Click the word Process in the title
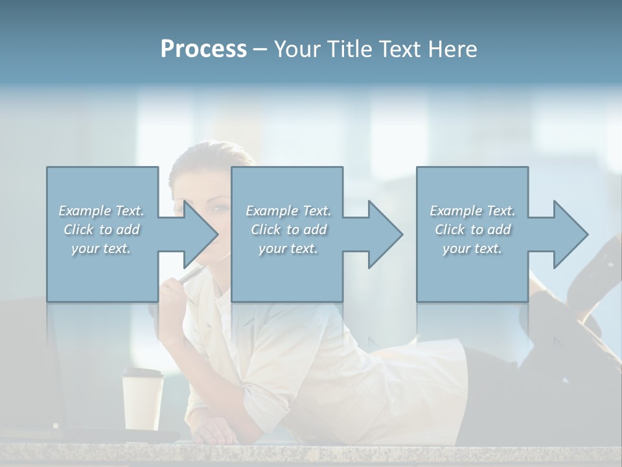click(203, 49)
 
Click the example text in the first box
click(101, 230)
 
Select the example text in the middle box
click(288, 230)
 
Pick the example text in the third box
click(472, 230)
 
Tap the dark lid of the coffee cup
click(143, 373)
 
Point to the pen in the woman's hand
click(190, 276)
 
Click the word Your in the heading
click(295, 49)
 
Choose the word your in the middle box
click(272, 248)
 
